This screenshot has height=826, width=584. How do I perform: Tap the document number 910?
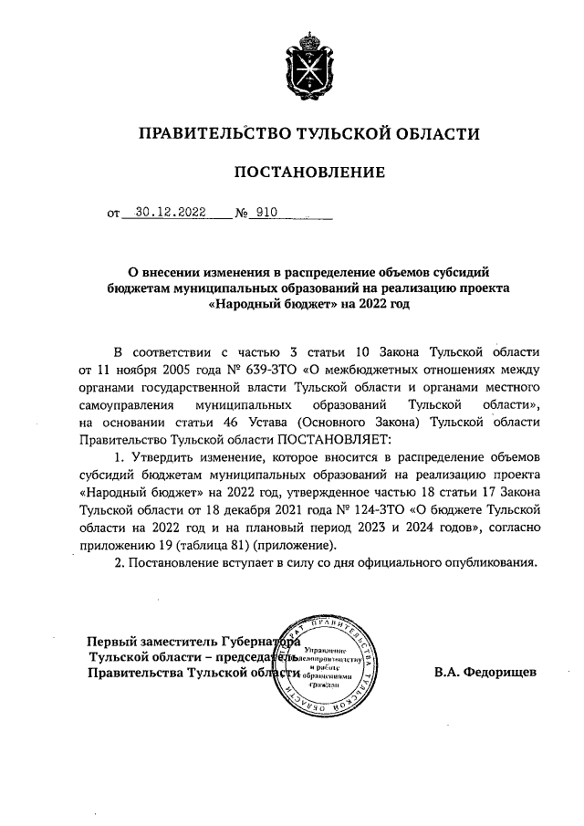pyautogui.click(x=266, y=214)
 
